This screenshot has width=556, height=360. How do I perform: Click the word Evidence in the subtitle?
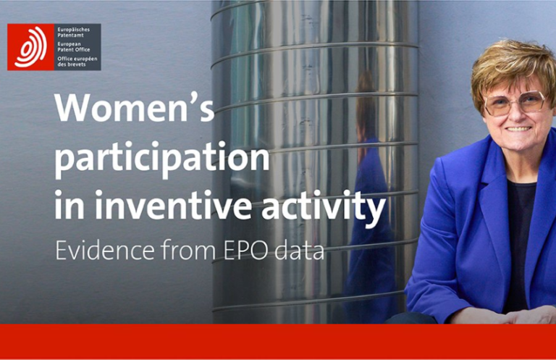[x=105, y=250]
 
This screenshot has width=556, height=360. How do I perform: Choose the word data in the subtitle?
[x=299, y=250]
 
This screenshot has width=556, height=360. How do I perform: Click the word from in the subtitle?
[x=189, y=250]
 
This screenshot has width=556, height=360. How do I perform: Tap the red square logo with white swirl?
[x=30, y=47]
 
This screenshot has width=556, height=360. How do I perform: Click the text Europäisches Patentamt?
[x=73, y=33]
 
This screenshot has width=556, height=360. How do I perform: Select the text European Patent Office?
[x=73, y=47]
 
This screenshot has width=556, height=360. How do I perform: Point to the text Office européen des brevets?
[x=77, y=62]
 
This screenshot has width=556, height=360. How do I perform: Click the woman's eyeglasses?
[x=516, y=103]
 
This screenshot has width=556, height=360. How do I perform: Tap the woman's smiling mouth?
[x=518, y=129]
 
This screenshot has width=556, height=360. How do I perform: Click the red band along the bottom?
[x=278, y=342]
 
